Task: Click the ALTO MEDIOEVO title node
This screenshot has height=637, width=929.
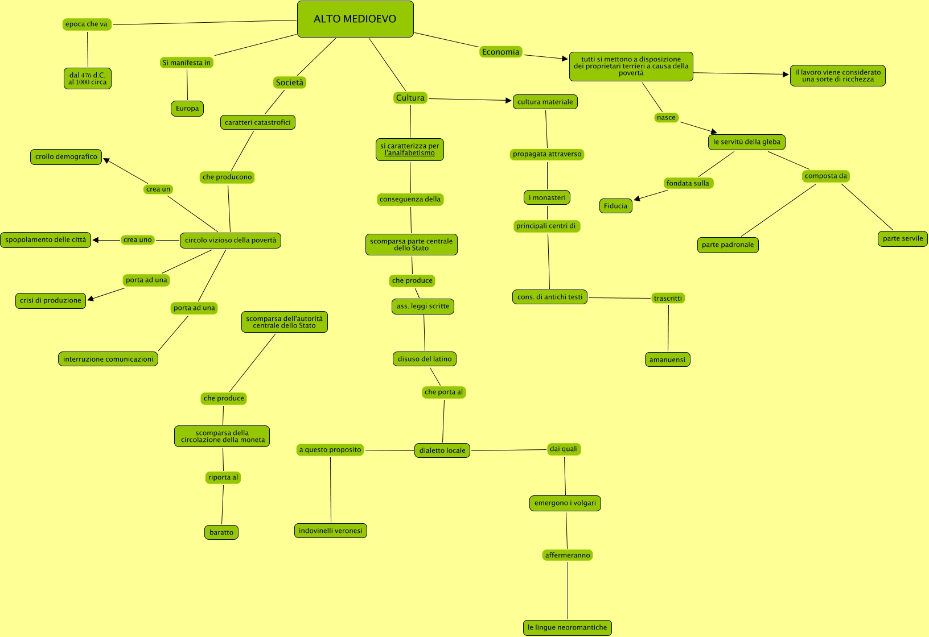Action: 355,19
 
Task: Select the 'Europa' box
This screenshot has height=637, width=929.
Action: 187,109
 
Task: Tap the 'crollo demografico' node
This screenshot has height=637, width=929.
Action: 66,157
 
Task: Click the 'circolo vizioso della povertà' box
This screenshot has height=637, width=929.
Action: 231,241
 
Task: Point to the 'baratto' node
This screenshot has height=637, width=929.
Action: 221,533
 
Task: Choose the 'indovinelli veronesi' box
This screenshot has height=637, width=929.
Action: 331,531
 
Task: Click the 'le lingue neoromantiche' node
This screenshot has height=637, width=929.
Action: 568,628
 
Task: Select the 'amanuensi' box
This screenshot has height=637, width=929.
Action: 668,360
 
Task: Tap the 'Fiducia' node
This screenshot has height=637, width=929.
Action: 615,206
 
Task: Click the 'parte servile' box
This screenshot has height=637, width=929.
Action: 903,239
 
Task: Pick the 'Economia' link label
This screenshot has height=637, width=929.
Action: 501,52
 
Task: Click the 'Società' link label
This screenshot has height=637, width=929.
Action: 290,83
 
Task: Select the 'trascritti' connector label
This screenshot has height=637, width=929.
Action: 668,299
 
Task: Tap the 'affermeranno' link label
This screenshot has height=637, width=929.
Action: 568,556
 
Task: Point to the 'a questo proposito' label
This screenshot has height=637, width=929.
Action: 330,450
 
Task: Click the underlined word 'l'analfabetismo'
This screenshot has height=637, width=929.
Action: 410,154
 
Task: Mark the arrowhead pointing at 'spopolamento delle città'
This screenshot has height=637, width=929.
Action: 96,240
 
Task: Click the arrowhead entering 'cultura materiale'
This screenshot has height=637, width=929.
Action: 509,101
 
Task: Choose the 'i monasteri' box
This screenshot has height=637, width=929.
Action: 547,198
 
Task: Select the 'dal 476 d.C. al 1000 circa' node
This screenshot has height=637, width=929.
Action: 88,79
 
